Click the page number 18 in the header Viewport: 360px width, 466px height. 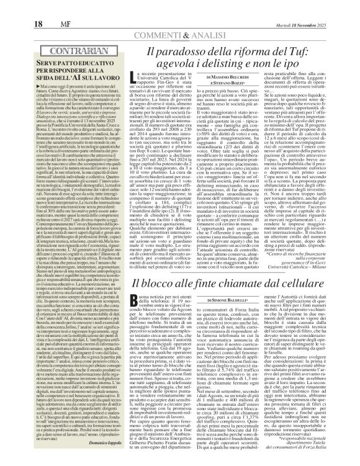13,6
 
